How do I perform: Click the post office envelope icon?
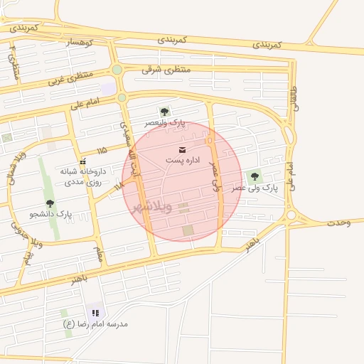pos(183,149)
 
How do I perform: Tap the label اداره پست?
pos(183,161)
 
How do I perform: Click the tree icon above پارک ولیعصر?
pos(165,112)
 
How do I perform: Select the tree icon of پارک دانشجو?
pos(50,203)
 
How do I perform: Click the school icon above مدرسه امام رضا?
pos(95,313)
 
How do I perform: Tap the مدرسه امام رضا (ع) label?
pos(95,324)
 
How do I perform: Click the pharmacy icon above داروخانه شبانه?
pos(82,161)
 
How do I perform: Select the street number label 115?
pos(102,150)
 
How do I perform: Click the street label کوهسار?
pos(80,43)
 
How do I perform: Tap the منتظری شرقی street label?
pos(166,69)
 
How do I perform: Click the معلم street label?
pos(99,254)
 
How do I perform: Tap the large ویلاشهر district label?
pos(151,207)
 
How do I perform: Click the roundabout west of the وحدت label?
pos(291,215)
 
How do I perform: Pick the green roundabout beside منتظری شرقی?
pos(117,69)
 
